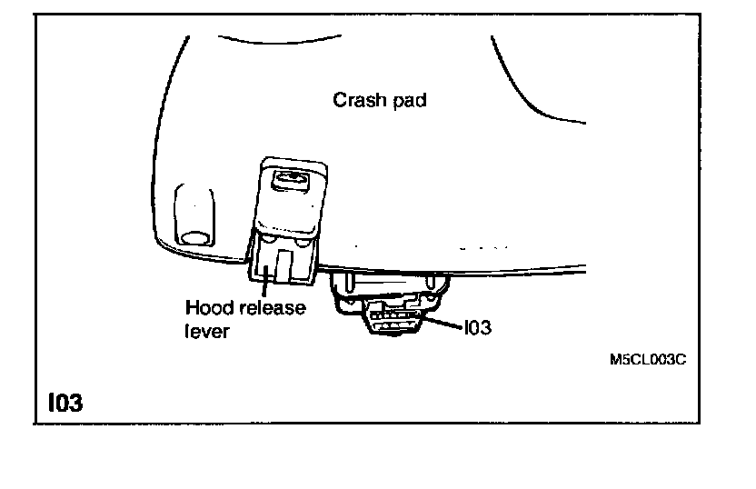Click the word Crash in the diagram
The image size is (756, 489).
coord(359,101)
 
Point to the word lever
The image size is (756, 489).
coord(202,331)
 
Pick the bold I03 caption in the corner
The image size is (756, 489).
coord(64,401)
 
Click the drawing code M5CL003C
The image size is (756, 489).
coord(647,359)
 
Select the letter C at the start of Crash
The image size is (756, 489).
coord(339,101)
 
